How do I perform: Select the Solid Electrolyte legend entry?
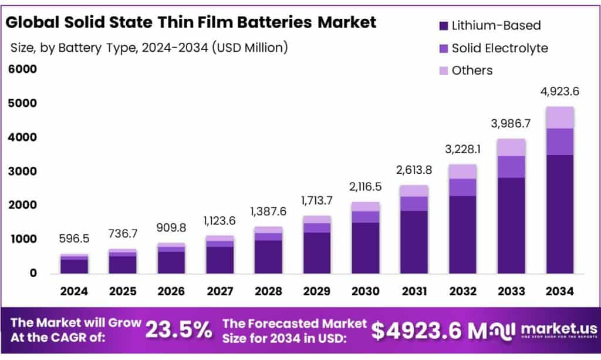pyautogui.click(x=499, y=48)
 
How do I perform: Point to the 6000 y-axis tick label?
pyautogui.click(x=23, y=69)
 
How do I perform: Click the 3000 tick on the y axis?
pyautogui.click(x=23, y=171)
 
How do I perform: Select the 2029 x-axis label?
pyautogui.click(x=317, y=291)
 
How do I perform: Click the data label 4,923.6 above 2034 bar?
pyautogui.click(x=560, y=92)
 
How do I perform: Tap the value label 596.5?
pyautogui.click(x=75, y=240)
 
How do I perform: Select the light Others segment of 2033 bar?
pyautogui.click(x=512, y=147)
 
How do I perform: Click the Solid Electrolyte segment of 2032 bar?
pyautogui.click(x=463, y=187)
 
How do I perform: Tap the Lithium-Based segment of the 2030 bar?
pyautogui.click(x=365, y=248)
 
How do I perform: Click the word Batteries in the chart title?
pyautogui.click(x=271, y=22)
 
